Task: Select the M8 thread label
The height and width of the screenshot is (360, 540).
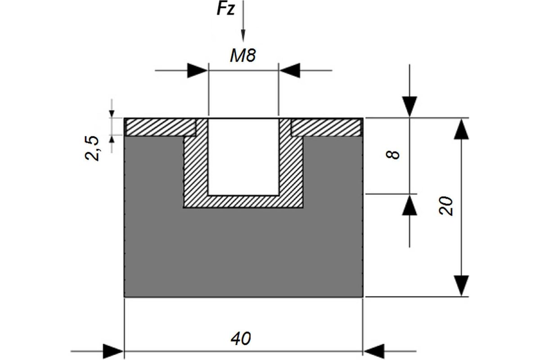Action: pos(243,56)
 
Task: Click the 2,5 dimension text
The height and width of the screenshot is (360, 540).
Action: pos(92,148)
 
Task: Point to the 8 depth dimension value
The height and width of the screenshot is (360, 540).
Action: pos(392,155)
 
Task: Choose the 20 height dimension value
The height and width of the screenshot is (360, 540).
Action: pos(446,206)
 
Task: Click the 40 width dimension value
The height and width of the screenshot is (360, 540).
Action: pos(241,338)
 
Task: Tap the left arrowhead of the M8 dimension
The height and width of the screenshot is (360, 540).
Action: pos(198,70)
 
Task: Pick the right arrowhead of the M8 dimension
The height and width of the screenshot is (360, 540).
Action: pos(290,70)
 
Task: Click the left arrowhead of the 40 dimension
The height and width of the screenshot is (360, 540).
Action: pos(113,351)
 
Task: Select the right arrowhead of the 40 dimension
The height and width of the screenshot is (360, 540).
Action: pos(374,351)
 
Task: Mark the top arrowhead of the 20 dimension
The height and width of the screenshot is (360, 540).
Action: pos(461,129)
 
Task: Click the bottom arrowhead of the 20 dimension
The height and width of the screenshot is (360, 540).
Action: pos(461,285)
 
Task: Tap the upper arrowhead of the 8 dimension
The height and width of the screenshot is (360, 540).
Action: pos(409,107)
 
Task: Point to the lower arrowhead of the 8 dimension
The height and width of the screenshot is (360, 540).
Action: pos(409,205)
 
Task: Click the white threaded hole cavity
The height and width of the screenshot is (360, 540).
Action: pos(243,157)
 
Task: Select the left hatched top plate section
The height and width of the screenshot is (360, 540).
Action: pos(161,127)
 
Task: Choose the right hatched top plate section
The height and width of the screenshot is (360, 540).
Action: pos(326,127)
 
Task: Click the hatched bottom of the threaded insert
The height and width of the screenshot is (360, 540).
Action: pos(243,202)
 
